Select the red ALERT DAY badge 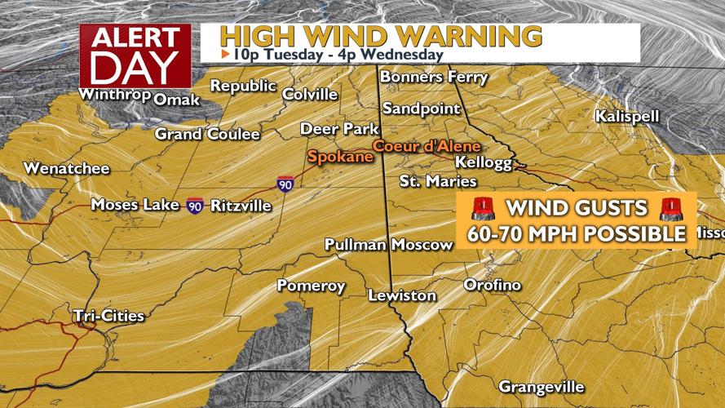click(135, 55)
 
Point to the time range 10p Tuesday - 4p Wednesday click(331, 55)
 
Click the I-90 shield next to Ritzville click(194, 205)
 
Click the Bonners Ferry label click(434, 78)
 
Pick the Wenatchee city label click(55, 169)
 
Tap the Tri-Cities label click(108, 315)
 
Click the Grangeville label click(541, 385)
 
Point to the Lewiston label click(401, 295)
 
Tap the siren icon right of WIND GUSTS click(671, 210)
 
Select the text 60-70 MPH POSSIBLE click(577, 234)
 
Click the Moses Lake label click(135, 205)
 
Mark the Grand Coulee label click(207, 134)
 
